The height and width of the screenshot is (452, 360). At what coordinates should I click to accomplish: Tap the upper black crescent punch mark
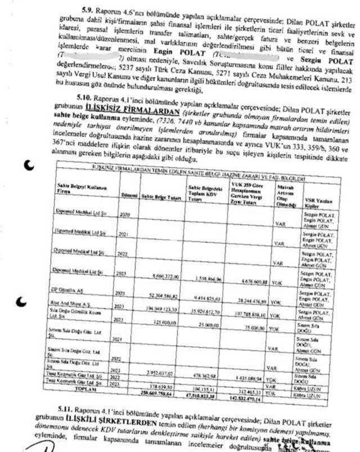[x=30, y=164]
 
